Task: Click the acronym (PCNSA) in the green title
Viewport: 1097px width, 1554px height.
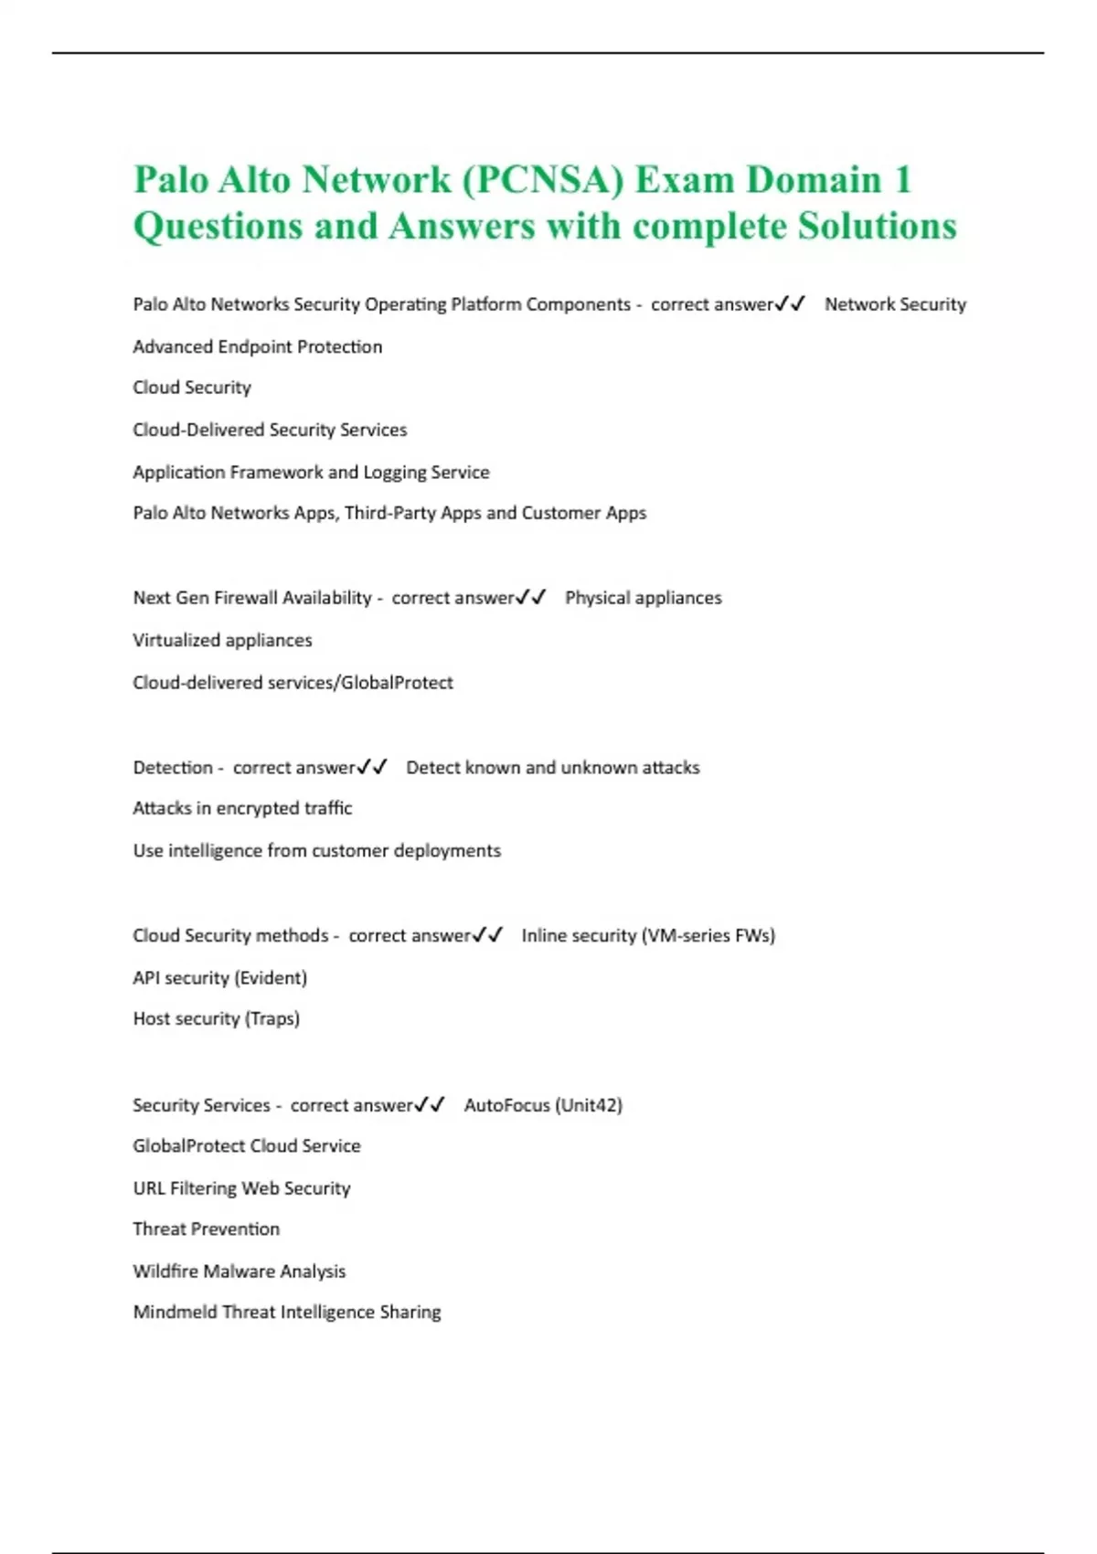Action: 543,180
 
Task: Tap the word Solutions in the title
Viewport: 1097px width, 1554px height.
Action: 877,227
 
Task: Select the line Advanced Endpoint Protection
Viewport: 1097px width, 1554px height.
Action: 258,346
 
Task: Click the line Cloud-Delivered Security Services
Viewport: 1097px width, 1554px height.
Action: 270,430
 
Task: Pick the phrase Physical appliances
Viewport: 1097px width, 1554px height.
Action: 643,598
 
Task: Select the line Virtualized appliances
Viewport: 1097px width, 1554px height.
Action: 222,640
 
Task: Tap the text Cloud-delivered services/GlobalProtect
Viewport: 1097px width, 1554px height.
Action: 293,682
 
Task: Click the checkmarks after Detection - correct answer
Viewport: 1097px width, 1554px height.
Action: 372,767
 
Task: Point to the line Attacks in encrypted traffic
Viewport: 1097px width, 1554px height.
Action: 242,808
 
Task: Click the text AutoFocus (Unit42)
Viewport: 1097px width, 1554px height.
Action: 543,1104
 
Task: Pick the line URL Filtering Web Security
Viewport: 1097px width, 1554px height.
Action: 241,1187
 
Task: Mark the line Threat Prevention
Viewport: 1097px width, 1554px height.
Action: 206,1229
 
